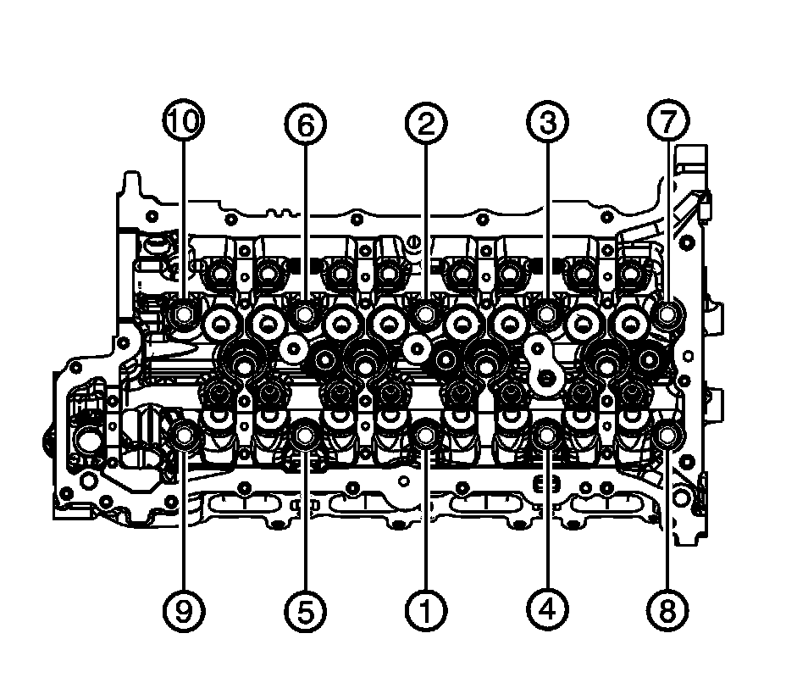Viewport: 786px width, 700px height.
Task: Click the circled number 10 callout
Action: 184,122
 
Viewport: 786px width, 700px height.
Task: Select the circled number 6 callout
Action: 305,124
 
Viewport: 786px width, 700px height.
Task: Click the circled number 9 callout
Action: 184,610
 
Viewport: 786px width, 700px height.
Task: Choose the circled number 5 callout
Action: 305,610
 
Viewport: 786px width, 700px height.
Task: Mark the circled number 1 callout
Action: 425,610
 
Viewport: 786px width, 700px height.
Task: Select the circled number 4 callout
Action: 547,610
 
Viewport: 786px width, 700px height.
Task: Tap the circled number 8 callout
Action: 667,610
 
